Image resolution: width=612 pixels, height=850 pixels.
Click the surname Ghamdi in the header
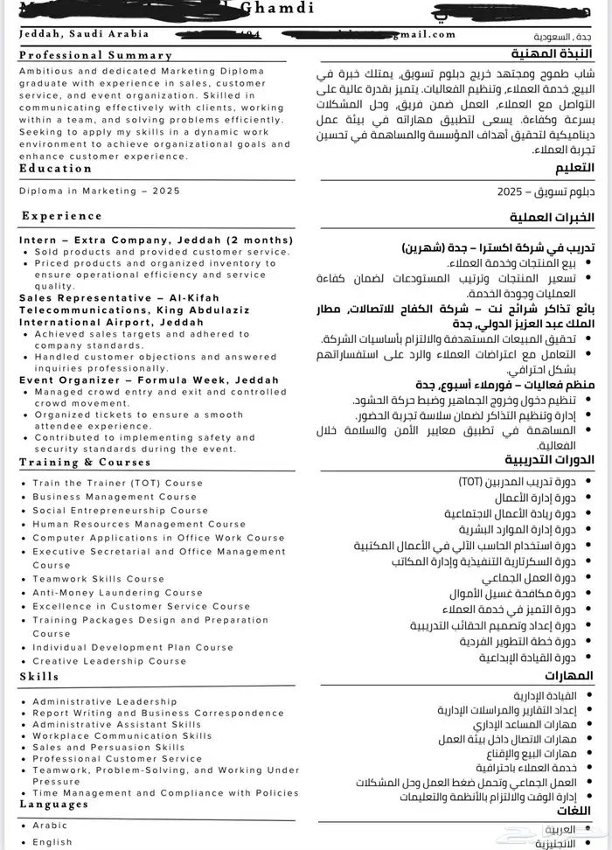tap(278, 7)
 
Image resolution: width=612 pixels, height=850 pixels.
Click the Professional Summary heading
tap(95, 55)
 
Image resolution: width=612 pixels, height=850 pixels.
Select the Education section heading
tap(55, 169)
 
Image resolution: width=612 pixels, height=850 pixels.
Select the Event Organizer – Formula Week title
tap(149, 380)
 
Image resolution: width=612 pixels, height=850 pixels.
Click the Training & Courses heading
tap(85, 462)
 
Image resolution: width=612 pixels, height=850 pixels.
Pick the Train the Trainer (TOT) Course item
tap(117, 483)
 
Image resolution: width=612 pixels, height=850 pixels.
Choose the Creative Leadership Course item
tap(109, 661)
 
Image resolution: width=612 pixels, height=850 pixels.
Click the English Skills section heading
tap(39, 676)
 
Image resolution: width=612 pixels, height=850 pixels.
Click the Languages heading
tap(53, 804)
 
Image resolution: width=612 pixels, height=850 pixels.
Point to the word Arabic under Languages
tap(50, 826)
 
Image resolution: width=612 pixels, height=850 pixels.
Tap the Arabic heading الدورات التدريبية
tap(550, 460)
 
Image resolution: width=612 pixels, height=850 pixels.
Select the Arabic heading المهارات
tap(568, 675)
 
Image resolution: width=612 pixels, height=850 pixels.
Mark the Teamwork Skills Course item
tap(98, 579)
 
